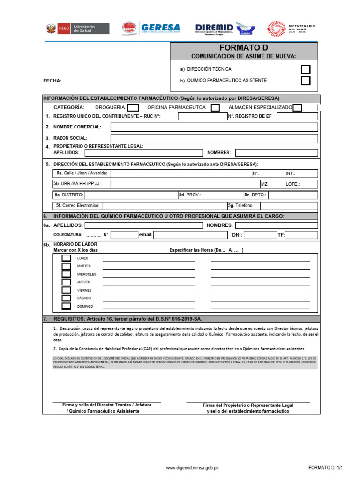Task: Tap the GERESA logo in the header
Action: [x=150, y=29]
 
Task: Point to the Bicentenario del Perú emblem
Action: [x=291, y=29]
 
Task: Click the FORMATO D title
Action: [x=243, y=48]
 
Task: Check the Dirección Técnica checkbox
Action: [x=306, y=69]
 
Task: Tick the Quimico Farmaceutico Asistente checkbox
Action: [x=306, y=81]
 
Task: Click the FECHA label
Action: [x=52, y=81]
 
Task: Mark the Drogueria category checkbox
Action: [x=133, y=107]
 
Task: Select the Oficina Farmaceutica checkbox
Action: [x=215, y=107]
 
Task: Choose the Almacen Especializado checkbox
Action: [x=297, y=107]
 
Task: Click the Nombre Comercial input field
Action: [x=214, y=127]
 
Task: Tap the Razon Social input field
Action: [x=214, y=138]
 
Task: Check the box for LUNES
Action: [x=67, y=258]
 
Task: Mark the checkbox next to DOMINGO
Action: [x=67, y=306]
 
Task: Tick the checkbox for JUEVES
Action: [x=67, y=282]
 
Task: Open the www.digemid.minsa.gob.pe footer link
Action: [x=193, y=468]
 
